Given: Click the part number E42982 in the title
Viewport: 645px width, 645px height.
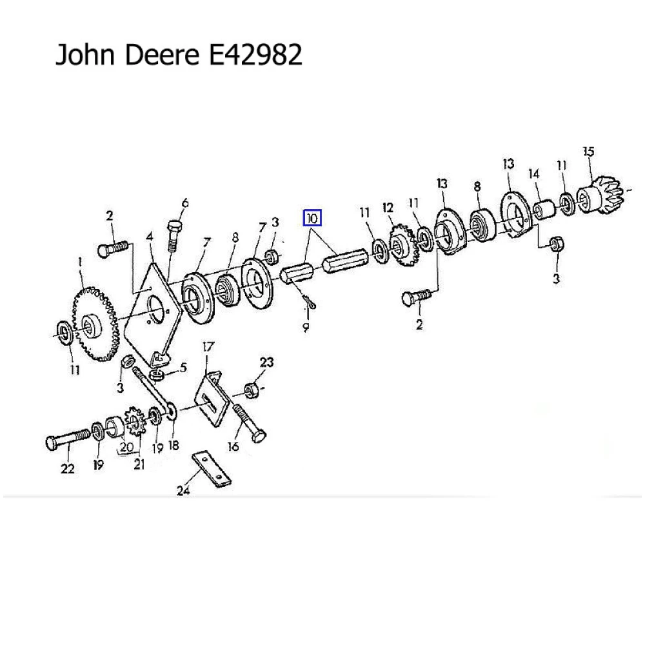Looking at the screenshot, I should (253, 55).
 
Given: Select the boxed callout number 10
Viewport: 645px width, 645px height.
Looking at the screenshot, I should (313, 218).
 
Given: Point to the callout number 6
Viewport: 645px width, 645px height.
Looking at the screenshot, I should (185, 204).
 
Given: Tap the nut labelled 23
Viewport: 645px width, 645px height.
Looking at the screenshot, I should (252, 389).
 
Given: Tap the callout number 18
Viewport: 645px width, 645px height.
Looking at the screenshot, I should (173, 445).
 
